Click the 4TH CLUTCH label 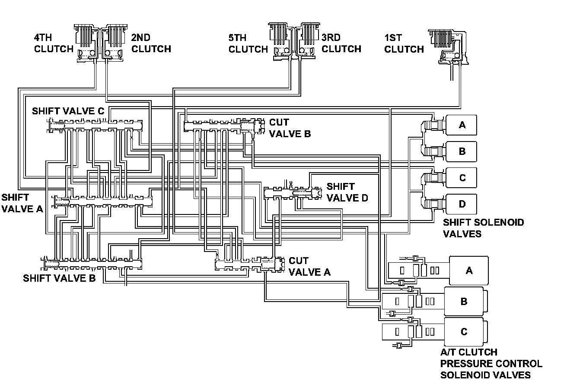54,43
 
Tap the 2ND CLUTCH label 151,43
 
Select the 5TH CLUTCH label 248,44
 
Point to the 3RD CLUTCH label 341,43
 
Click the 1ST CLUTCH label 404,44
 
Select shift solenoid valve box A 461,125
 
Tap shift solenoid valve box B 461,151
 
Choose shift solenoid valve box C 461,178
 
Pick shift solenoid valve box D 461,204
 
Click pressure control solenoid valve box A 469,271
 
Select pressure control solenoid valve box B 466,302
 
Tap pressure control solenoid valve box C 466,332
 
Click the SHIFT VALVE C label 68,111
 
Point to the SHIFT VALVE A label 22,203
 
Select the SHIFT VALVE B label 59,278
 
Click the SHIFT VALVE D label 347,192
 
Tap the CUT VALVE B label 290,128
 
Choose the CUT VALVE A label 309,267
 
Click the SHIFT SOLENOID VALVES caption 483,228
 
